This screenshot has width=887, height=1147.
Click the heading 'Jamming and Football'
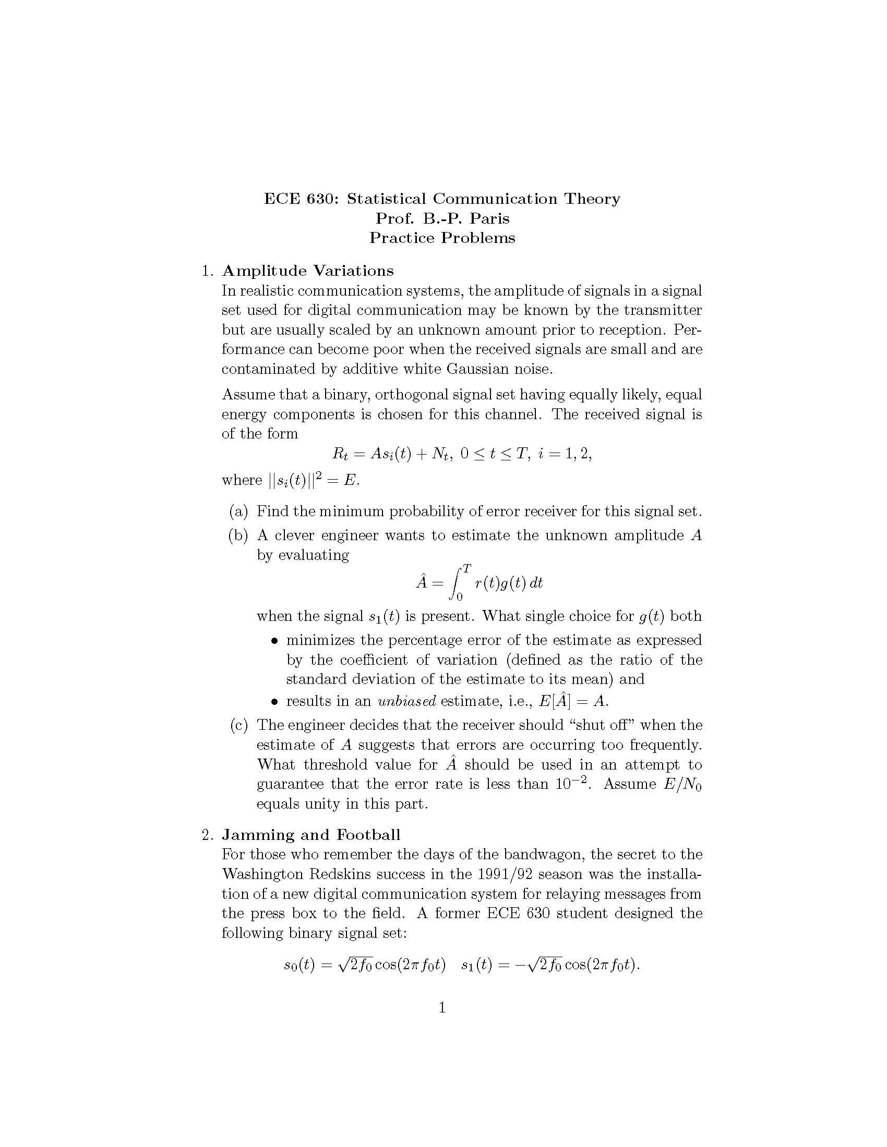pos(310,835)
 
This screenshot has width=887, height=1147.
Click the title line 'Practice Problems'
pos(442,238)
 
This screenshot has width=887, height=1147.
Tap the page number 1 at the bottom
pos(442,1007)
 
